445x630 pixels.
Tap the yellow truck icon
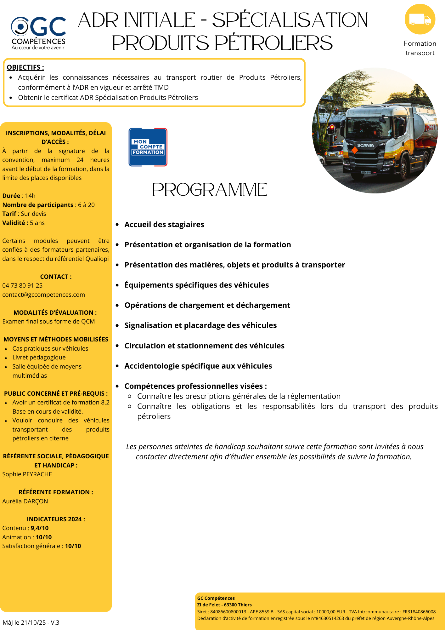pos(420,19)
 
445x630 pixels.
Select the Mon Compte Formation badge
pos(148,147)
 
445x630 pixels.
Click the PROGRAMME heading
pos(210,190)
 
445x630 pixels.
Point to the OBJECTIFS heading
pos(25,67)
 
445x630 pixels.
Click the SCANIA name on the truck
pos(365,146)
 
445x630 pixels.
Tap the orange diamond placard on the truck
pos(355,150)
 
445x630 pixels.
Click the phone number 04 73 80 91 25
pos(22,286)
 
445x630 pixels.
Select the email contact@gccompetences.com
pos(43,295)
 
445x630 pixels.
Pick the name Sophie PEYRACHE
pos(27,474)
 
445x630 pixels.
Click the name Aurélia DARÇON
pos(25,501)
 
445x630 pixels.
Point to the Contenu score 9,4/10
pos(40,528)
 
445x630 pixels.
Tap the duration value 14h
pos(31,196)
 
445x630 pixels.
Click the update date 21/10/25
pos(33,623)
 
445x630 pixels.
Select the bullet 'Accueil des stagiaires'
pos(164,225)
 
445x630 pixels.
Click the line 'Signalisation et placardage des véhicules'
pos(200,325)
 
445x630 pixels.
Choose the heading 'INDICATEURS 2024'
pos(56,519)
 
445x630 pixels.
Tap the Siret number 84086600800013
pos(228,612)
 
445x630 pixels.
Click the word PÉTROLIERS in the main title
pos(274,43)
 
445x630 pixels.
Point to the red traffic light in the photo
pos(331,127)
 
